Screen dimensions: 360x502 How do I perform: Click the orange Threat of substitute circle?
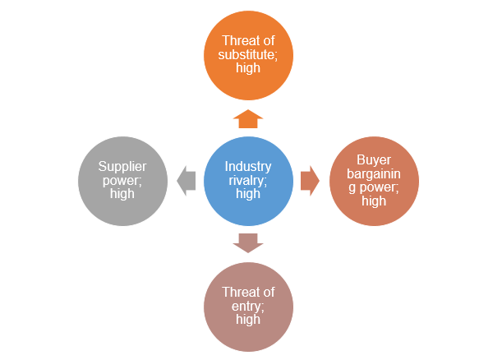pos(247,54)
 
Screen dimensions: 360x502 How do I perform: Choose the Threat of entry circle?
pos(247,306)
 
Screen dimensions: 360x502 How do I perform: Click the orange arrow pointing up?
pos(247,118)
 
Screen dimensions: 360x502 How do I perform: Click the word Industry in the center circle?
pos(247,167)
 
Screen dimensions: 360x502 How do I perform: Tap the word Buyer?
pos(374,159)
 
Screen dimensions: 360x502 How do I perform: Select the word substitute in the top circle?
pos(247,54)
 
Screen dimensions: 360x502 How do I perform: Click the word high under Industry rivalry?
pos(247,195)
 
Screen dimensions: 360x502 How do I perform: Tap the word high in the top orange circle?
pos(247,68)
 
